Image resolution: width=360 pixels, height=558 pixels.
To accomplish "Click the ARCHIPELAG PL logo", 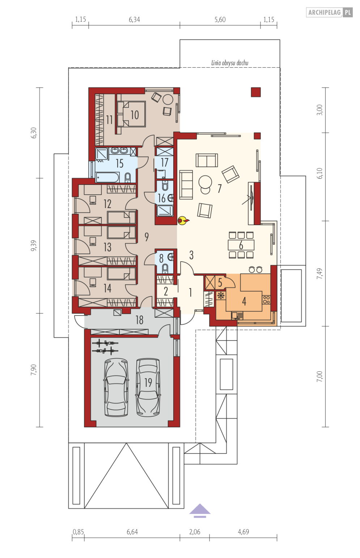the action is tap(329, 12).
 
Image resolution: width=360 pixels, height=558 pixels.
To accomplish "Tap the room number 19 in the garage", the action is tap(148, 382).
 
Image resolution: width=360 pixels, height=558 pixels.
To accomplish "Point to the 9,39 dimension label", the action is tap(34, 245).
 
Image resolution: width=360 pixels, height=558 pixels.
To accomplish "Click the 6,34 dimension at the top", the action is tap(134, 20).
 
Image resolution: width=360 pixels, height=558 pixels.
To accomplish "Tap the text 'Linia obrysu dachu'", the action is tap(230, 63).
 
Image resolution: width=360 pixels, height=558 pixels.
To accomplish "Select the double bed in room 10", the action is tap(131, 114).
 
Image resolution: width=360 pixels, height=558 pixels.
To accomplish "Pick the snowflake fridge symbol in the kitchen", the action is tap(221, 296).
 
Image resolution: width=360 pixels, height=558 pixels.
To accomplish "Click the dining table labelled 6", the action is tap(241, 245).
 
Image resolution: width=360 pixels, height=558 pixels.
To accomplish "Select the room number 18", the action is tap(140, 320).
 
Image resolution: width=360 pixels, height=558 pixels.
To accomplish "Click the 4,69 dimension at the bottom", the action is tap(243, 532).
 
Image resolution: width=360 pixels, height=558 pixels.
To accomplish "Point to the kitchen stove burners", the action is tap(266, 299).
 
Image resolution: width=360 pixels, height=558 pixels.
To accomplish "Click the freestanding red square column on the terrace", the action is tap(256, 92).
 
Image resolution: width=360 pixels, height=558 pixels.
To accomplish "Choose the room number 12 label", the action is tap(107, 204).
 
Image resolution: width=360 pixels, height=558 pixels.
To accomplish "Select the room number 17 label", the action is tap(164, 162).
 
